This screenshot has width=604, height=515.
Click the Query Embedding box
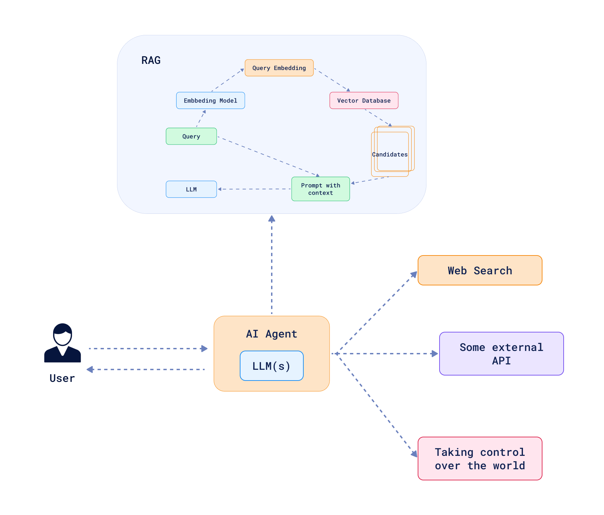click(279, 68)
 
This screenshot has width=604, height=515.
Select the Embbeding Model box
click(211, 101)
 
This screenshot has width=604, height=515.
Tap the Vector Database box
click(364, 101)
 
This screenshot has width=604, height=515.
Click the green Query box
click(191, 136)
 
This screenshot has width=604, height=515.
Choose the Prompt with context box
click(320, 189)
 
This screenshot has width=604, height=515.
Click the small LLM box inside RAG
click(191, 189)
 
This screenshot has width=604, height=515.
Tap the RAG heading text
click(151, 60)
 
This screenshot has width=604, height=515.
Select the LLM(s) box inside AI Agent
click(271, 366)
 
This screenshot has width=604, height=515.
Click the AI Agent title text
click(271, 334)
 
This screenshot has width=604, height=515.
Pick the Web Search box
click(480, 270)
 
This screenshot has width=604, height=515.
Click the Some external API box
click(501, 354)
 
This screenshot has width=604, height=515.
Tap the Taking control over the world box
click(480, 459)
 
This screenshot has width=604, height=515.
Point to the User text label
click(62, 378)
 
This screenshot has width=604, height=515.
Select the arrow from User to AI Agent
click(148, 349)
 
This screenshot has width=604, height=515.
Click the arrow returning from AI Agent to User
click(148, 369)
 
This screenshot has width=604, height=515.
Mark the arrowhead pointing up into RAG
click(272, 219)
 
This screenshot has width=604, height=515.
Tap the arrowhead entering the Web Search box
click(414, 275)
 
